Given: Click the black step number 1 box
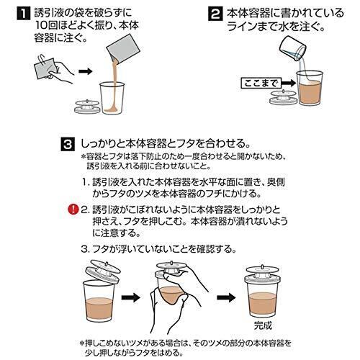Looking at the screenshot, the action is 23,14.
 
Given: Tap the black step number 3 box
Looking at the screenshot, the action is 68,145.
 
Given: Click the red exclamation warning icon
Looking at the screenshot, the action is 73,210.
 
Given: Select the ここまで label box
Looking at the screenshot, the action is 261,84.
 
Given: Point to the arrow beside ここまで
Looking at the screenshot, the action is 289,84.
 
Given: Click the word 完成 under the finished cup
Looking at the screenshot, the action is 263,325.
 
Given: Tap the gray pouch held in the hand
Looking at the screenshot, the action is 46,68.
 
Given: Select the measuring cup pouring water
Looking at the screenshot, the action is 293,49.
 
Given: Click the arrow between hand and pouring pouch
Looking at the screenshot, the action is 85,71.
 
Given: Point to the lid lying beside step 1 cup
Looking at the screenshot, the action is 87,107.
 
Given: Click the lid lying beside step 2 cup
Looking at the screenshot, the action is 283,97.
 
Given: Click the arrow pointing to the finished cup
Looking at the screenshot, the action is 226,297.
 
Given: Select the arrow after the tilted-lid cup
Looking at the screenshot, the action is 131,297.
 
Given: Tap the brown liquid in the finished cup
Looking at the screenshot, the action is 263,303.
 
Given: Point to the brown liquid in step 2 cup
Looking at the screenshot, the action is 310,92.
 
